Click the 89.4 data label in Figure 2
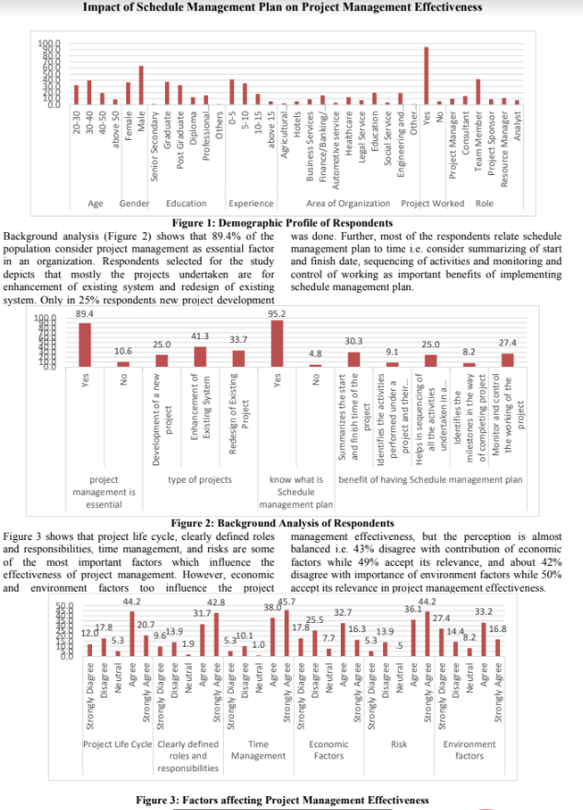coord(85,313)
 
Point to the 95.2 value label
coord(276,313)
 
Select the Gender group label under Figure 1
coord(134,203)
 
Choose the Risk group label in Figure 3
coord(399,743)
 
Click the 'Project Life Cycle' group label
coord(117,743)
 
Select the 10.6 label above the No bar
coord(122,351)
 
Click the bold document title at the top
coord(283,7)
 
